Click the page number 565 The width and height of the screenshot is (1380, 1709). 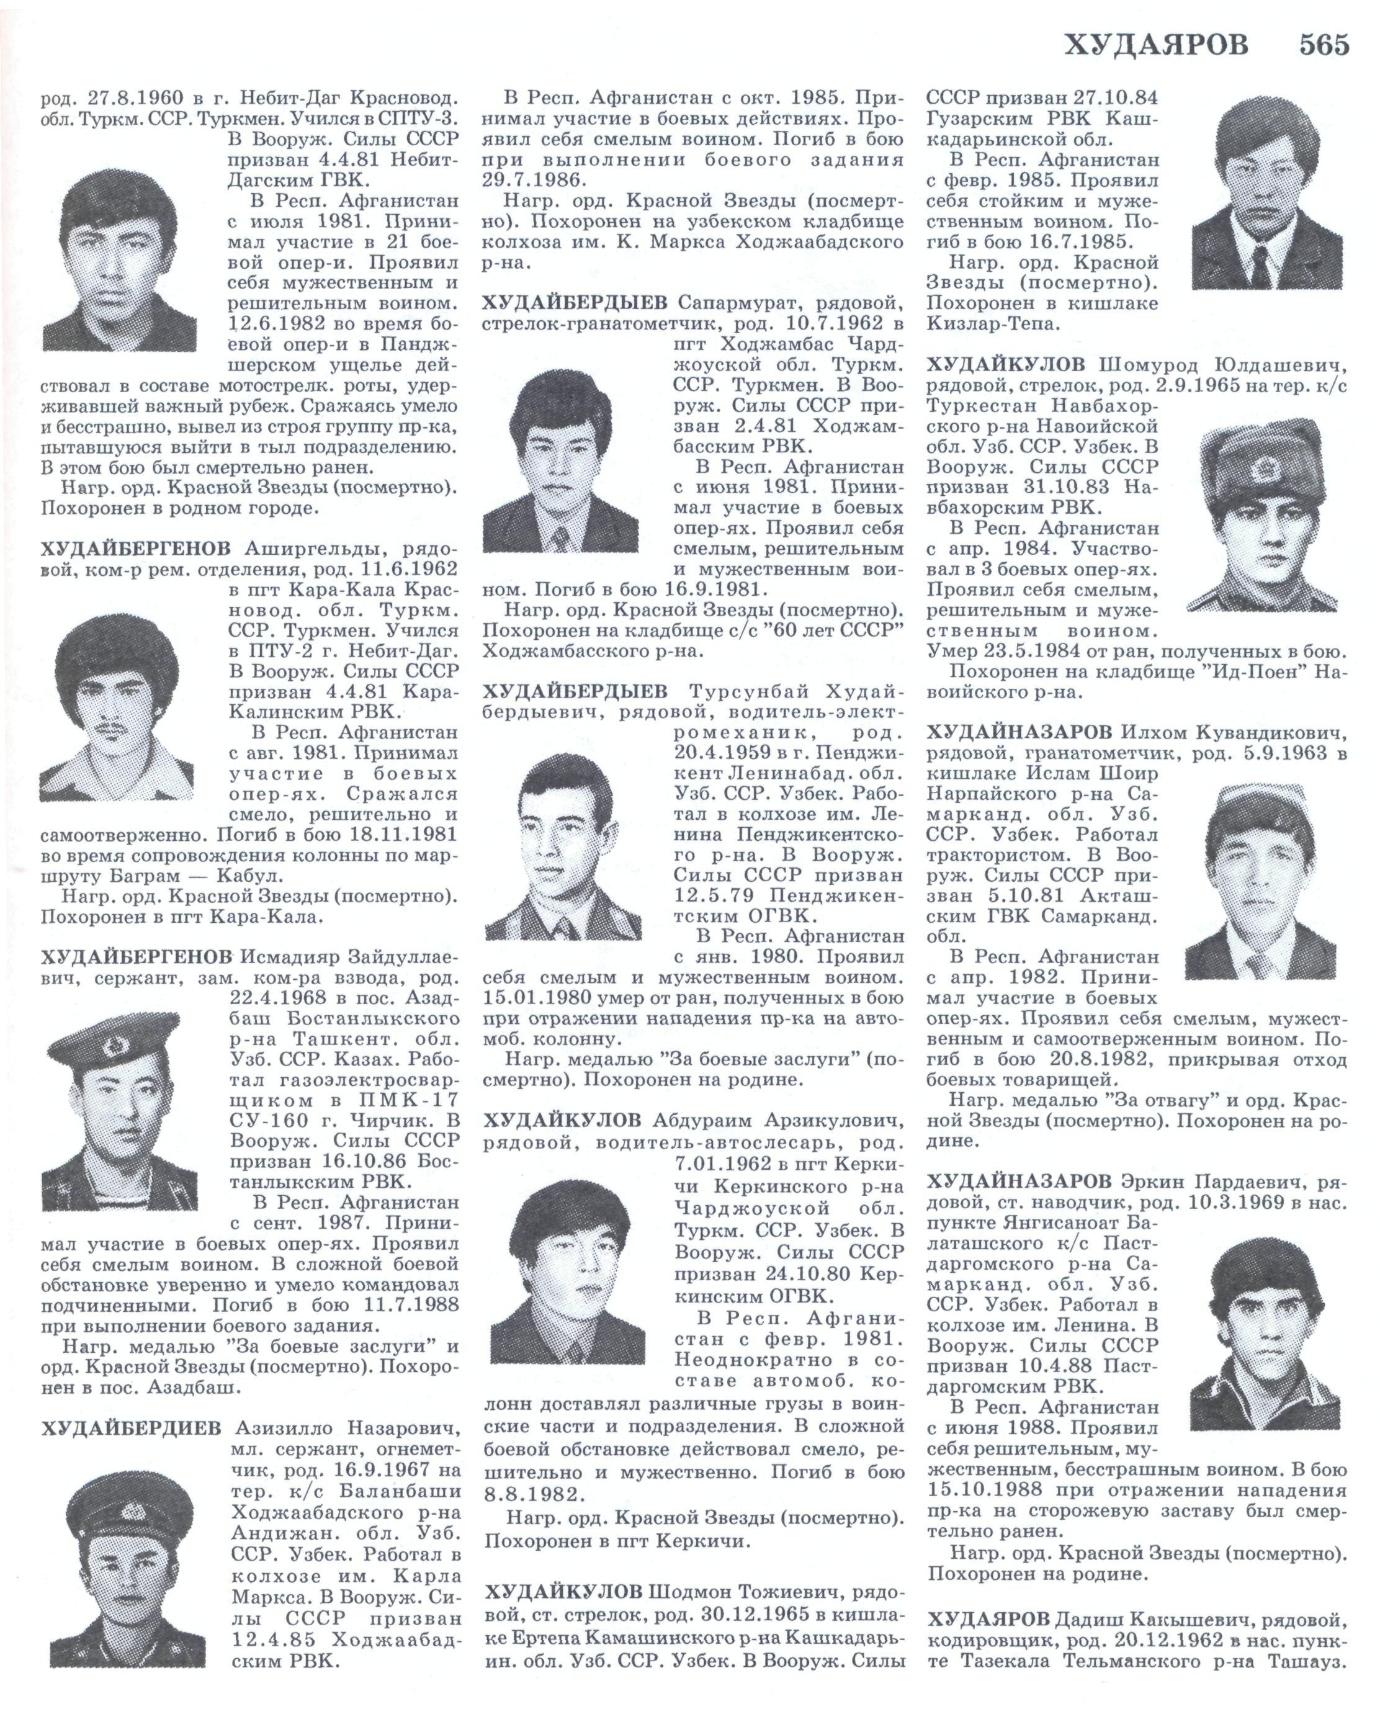(1324, 45)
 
